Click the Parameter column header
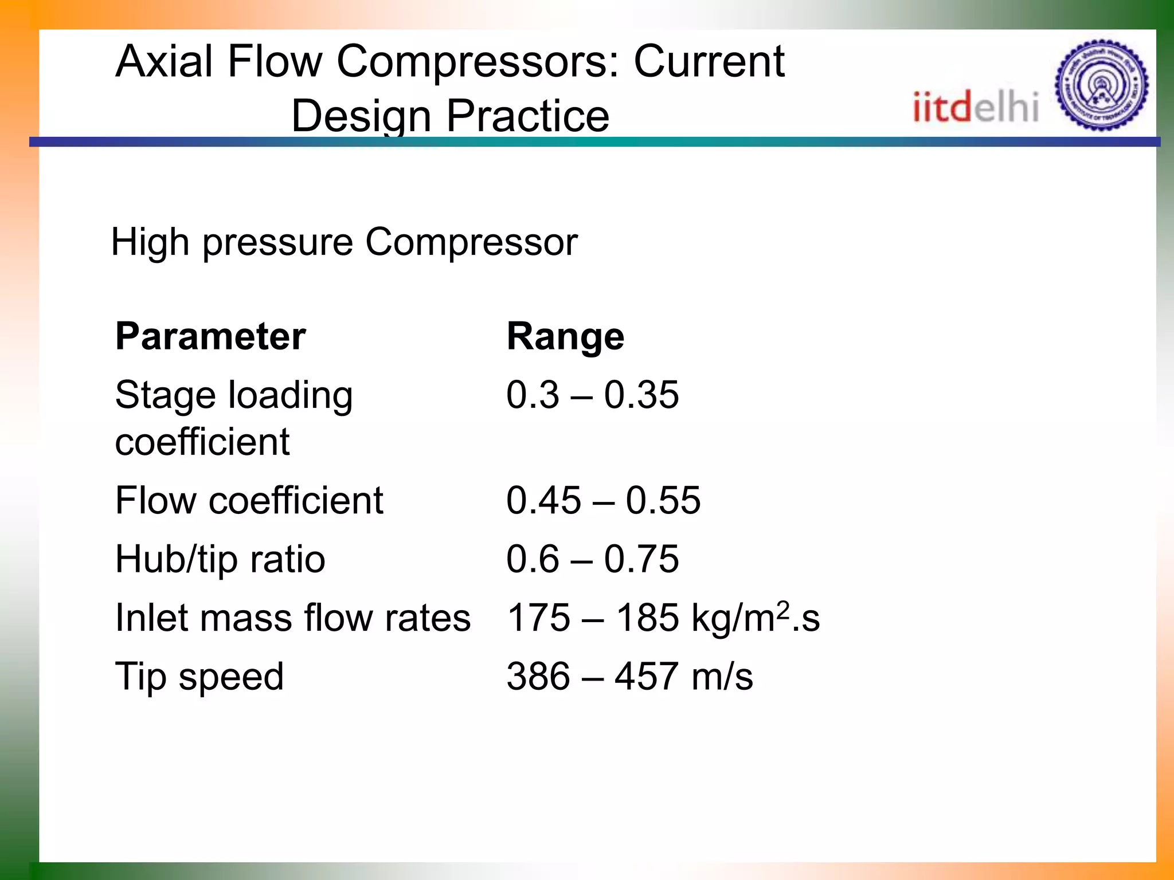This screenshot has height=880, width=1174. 210,336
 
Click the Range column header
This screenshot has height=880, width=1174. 565,336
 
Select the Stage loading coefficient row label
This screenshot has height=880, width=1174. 233,418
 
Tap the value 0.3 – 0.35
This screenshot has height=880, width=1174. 592,395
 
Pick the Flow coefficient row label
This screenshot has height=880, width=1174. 249,500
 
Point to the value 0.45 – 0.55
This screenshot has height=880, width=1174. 603,500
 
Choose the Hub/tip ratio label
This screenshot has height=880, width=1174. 220,559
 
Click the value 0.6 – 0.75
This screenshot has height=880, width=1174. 592,559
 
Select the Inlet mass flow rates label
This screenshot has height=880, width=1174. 292,618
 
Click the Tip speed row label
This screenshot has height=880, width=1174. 199,677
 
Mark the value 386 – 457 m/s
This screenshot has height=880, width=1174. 629,677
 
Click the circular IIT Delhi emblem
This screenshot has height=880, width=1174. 1101,85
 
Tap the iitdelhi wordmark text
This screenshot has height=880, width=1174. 975,107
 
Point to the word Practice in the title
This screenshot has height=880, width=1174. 527,116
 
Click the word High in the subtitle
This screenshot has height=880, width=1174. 150,242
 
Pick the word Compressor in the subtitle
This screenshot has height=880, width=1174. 471,242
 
